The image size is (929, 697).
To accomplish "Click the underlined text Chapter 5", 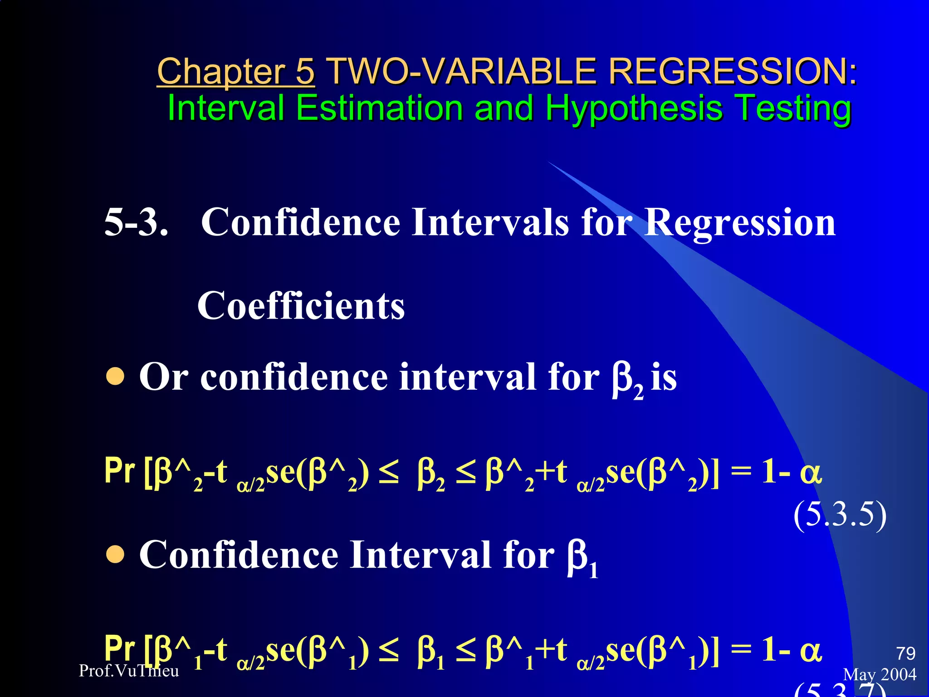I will point(235,72).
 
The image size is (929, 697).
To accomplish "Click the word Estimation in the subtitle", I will point(379,108).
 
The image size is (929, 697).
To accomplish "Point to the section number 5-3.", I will point(136,222).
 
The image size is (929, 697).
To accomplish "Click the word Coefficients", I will point(301,306).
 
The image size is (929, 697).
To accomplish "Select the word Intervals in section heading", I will point(490,222).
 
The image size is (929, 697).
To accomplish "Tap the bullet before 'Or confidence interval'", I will point(115,376).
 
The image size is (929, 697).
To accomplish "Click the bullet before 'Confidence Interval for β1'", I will point(115,554).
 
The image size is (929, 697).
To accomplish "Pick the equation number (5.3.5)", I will point(840,515).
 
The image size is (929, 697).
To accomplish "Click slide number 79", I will point(905,653).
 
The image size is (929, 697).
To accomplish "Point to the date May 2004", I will point(880,674).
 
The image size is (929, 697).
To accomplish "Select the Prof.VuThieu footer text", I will point(129,671).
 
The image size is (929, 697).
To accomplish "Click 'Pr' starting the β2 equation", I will point(119,472).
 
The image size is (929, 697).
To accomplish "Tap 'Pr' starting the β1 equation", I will point(119,649).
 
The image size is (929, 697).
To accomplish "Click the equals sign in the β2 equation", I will point(741,473).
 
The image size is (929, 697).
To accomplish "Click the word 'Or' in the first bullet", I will point(164,377).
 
